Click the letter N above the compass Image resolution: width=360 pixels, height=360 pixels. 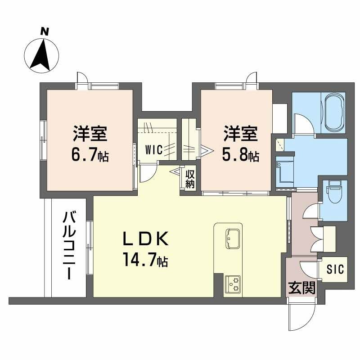point(45,31)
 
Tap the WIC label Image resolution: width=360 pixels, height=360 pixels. point(154,150)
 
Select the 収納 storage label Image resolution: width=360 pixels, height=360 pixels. point(190,179)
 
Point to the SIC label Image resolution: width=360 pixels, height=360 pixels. point(335,269)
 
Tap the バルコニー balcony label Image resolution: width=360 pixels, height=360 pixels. point(70,245)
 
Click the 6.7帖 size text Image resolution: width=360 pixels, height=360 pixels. point(90,156)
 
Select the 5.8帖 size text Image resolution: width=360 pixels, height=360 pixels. point(240,156)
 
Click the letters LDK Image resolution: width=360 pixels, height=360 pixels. point(146,239)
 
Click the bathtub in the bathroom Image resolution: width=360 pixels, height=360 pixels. point(333,113)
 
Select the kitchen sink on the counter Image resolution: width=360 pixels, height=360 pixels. point(233,238)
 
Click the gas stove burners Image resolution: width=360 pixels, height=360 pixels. point(232,284)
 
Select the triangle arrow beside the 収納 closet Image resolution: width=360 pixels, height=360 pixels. point(175,171)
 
